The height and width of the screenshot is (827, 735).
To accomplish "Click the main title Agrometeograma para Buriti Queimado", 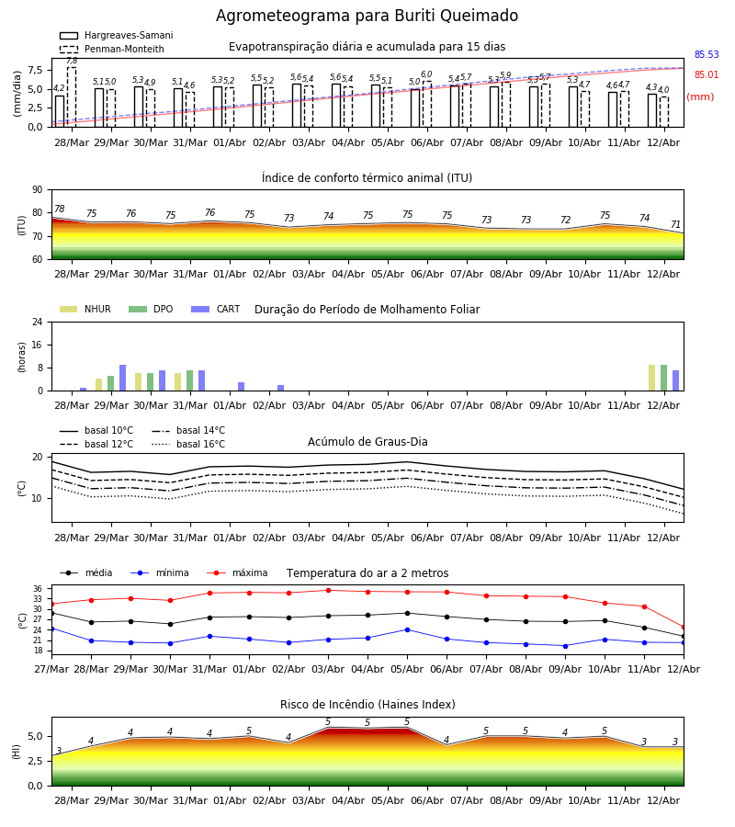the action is point(367,16).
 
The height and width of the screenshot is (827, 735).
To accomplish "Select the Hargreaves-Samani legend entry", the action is point(117,35).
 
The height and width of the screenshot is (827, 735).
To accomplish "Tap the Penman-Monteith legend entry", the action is point(112,49).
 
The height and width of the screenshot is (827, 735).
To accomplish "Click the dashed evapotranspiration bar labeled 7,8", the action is point(72,97).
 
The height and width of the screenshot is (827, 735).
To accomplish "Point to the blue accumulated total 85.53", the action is point(707,54).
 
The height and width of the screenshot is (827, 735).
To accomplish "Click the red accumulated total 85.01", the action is point(707,75).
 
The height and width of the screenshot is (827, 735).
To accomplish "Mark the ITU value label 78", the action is point(60,209).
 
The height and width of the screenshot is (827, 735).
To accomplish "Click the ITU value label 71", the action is point(675,225).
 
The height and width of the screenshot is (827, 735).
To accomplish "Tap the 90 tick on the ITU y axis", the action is point(38,190).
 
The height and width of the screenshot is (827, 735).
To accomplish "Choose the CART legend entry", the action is point(216,309).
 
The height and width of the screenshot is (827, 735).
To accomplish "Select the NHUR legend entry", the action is point(85,309).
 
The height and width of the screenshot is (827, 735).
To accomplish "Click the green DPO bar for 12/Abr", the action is point(664,378).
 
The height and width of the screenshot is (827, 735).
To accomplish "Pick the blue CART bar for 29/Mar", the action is point(122,378).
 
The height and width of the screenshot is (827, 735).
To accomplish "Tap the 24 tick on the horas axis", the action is point(38,323).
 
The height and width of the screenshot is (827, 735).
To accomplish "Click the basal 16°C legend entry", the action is point(188,444).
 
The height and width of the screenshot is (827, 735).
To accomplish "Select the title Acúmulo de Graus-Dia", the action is point(367,442).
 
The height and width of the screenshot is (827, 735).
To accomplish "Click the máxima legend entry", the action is point(237,572).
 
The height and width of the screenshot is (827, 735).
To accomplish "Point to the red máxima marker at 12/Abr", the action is point(684,627).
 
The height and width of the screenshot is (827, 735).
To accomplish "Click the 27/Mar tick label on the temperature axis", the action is point(51,669).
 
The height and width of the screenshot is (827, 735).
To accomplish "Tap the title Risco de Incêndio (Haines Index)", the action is point(367,705).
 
